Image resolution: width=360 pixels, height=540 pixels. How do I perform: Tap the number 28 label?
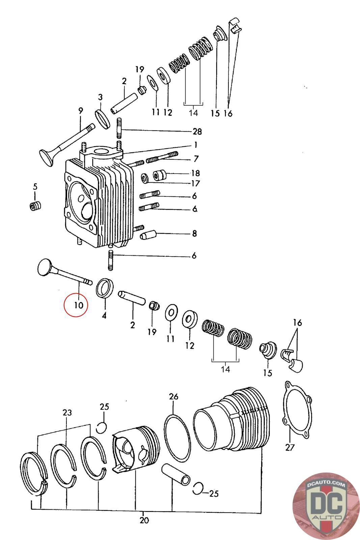197,131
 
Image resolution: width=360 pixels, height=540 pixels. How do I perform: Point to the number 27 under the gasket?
290,448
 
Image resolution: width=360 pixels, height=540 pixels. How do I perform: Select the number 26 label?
173,397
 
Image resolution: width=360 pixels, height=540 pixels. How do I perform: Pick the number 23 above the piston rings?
67,412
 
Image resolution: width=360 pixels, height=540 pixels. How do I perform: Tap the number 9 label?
80,111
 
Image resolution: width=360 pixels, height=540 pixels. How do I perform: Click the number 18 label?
195,173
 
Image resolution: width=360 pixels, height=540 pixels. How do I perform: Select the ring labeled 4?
105,288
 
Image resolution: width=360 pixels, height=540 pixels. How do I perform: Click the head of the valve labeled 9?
46,158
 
